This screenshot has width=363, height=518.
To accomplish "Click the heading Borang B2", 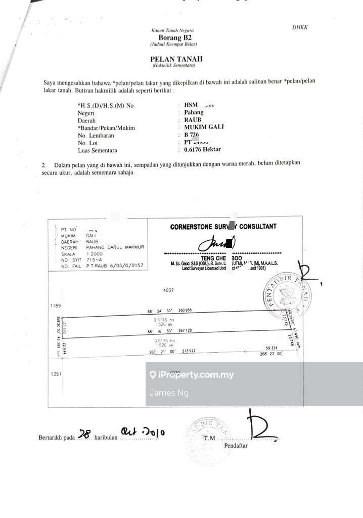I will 175,37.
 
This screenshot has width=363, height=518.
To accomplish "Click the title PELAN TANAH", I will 176,59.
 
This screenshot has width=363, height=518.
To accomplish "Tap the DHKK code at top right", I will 300,27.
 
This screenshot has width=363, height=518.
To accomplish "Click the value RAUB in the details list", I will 193,120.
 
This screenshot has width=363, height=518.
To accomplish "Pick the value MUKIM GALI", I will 204,127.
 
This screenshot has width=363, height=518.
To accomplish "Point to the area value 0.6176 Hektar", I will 202,150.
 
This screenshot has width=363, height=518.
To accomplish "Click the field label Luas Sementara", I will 98,150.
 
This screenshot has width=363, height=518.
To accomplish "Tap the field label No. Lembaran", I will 96,136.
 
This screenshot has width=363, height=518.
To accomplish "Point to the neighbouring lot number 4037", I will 168,290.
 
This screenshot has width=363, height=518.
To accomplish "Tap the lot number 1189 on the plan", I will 55,306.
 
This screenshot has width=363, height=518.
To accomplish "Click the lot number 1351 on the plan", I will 55,374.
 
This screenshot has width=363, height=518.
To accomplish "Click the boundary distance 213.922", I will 189,351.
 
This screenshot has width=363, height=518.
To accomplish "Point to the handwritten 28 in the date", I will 85,434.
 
